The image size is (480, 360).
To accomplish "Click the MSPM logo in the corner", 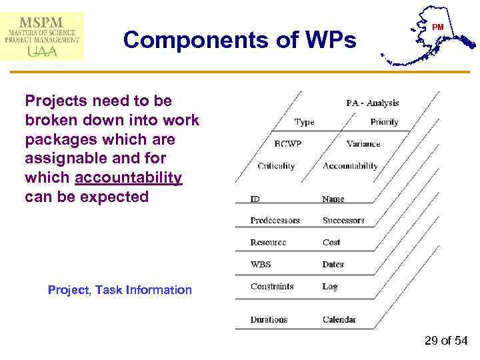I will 43,36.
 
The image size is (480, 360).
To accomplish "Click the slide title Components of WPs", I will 240,40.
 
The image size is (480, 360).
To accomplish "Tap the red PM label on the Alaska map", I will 438,27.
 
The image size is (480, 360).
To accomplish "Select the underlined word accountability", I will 129,178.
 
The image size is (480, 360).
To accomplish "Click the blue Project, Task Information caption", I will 120,290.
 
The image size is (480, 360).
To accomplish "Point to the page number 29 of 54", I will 446,341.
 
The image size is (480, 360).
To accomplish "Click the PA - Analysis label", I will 372,103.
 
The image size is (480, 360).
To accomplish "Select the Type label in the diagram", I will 304,122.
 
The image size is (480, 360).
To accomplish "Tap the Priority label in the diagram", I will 384,122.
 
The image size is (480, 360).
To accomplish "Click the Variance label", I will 363,144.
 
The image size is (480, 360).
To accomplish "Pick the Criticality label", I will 276,166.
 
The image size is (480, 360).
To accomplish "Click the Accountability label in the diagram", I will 350,166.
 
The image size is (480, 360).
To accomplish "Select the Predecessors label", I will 275,221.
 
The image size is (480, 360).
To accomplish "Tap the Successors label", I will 343,221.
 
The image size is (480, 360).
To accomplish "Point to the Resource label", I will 268,243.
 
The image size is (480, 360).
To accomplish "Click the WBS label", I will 261,265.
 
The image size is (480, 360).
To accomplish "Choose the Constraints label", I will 272,287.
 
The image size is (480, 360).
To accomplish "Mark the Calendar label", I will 339,320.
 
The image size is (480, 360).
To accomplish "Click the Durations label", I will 270,320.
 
